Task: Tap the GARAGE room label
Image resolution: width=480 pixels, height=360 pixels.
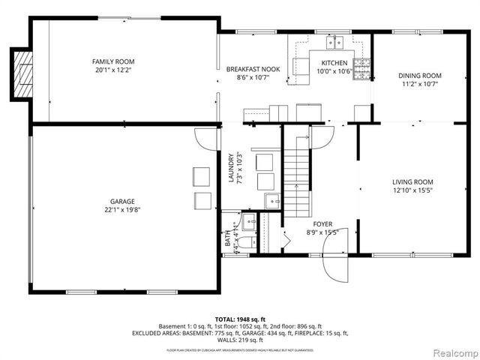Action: point(122,201)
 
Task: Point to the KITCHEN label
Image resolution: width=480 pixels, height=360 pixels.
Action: point(334,63)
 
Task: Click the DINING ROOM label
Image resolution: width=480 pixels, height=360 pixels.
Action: point(419,75)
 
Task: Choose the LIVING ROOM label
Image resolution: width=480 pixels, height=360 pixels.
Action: point(412,182)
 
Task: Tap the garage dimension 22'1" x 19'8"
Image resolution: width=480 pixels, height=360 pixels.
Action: point(122,211)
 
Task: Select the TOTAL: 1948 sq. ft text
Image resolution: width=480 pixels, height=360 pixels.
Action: point(239,319)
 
